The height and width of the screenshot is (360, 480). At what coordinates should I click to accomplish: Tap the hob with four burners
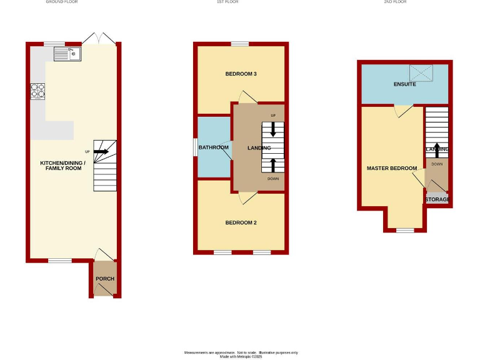pyautogui.click(x=37, y=92)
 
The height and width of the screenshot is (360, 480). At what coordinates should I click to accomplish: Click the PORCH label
pyautogui.click(x=104, y=279)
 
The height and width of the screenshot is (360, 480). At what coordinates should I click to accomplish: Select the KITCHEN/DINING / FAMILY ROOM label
pyautogui.click(x=61, y=166)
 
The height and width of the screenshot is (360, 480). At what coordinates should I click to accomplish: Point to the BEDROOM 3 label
pyautogui.click(x=241, y=74)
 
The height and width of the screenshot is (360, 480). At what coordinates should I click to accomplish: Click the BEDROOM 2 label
pyautogui.click(x=241, y=223)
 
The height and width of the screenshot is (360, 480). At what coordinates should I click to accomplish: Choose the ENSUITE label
pyautogui.click(x=404, y=84)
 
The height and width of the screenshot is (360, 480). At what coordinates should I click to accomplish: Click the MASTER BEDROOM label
pyautogui.click(x=392, y=169)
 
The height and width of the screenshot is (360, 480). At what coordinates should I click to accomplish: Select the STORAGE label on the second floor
pyautogui.click(x=437, y=199)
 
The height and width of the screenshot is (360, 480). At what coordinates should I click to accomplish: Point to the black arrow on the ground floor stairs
pyautogui.click(x=102, y=151)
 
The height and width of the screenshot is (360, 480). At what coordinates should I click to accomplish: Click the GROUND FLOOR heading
pyautogui.click(x=62, y=2)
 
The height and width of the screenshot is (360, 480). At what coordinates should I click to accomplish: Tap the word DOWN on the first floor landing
pyautogui.click(x=273, y=179)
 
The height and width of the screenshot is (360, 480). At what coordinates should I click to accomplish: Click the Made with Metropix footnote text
pyautogui.click(x=240, y=356)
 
